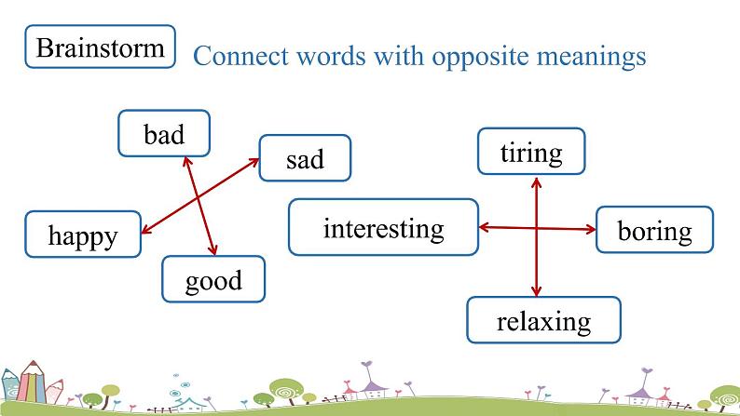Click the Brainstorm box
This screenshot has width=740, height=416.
tap(100, 47)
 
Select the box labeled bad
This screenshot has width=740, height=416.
tap(164, 133)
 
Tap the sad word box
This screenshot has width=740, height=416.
tap(305, 158)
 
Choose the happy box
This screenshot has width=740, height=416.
tap(83, 235)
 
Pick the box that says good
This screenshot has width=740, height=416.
tap(213, 279)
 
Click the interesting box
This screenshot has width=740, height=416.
tap(383, 227)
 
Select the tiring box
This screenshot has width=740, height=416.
tap(531, 151)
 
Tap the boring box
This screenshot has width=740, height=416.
tap(654, 230)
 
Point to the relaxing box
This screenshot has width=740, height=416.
tap(543, 320)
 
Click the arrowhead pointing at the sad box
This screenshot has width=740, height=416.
tap(254, 162)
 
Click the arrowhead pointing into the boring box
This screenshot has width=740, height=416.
tap(591, 230)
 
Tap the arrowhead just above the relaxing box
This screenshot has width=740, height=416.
tap(536, 290)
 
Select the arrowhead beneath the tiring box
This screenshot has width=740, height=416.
tap(536, 181)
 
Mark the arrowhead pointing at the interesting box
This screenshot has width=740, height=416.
tap(485, 228)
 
